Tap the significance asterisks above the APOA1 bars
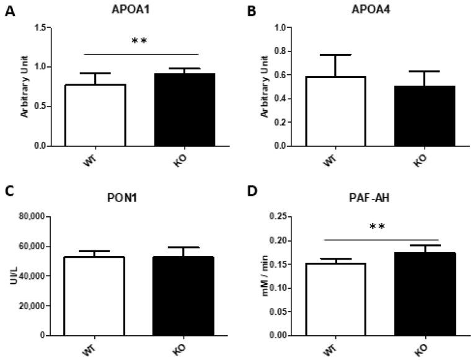pyautogui.click(x=139, y=42)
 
